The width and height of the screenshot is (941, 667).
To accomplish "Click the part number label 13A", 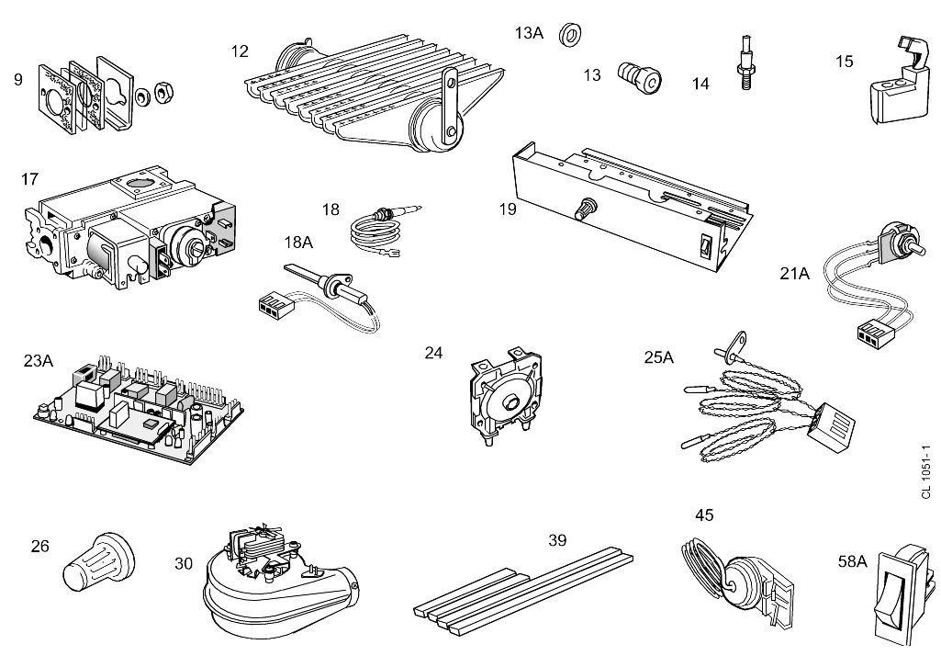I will coord(529,33).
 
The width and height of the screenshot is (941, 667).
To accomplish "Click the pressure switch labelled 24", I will coord(502,396).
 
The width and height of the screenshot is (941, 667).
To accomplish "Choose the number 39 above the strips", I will coord(557,540).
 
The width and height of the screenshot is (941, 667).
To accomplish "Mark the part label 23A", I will coord(39,361).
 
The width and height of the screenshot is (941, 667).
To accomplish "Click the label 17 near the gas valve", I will coord(29,178).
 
